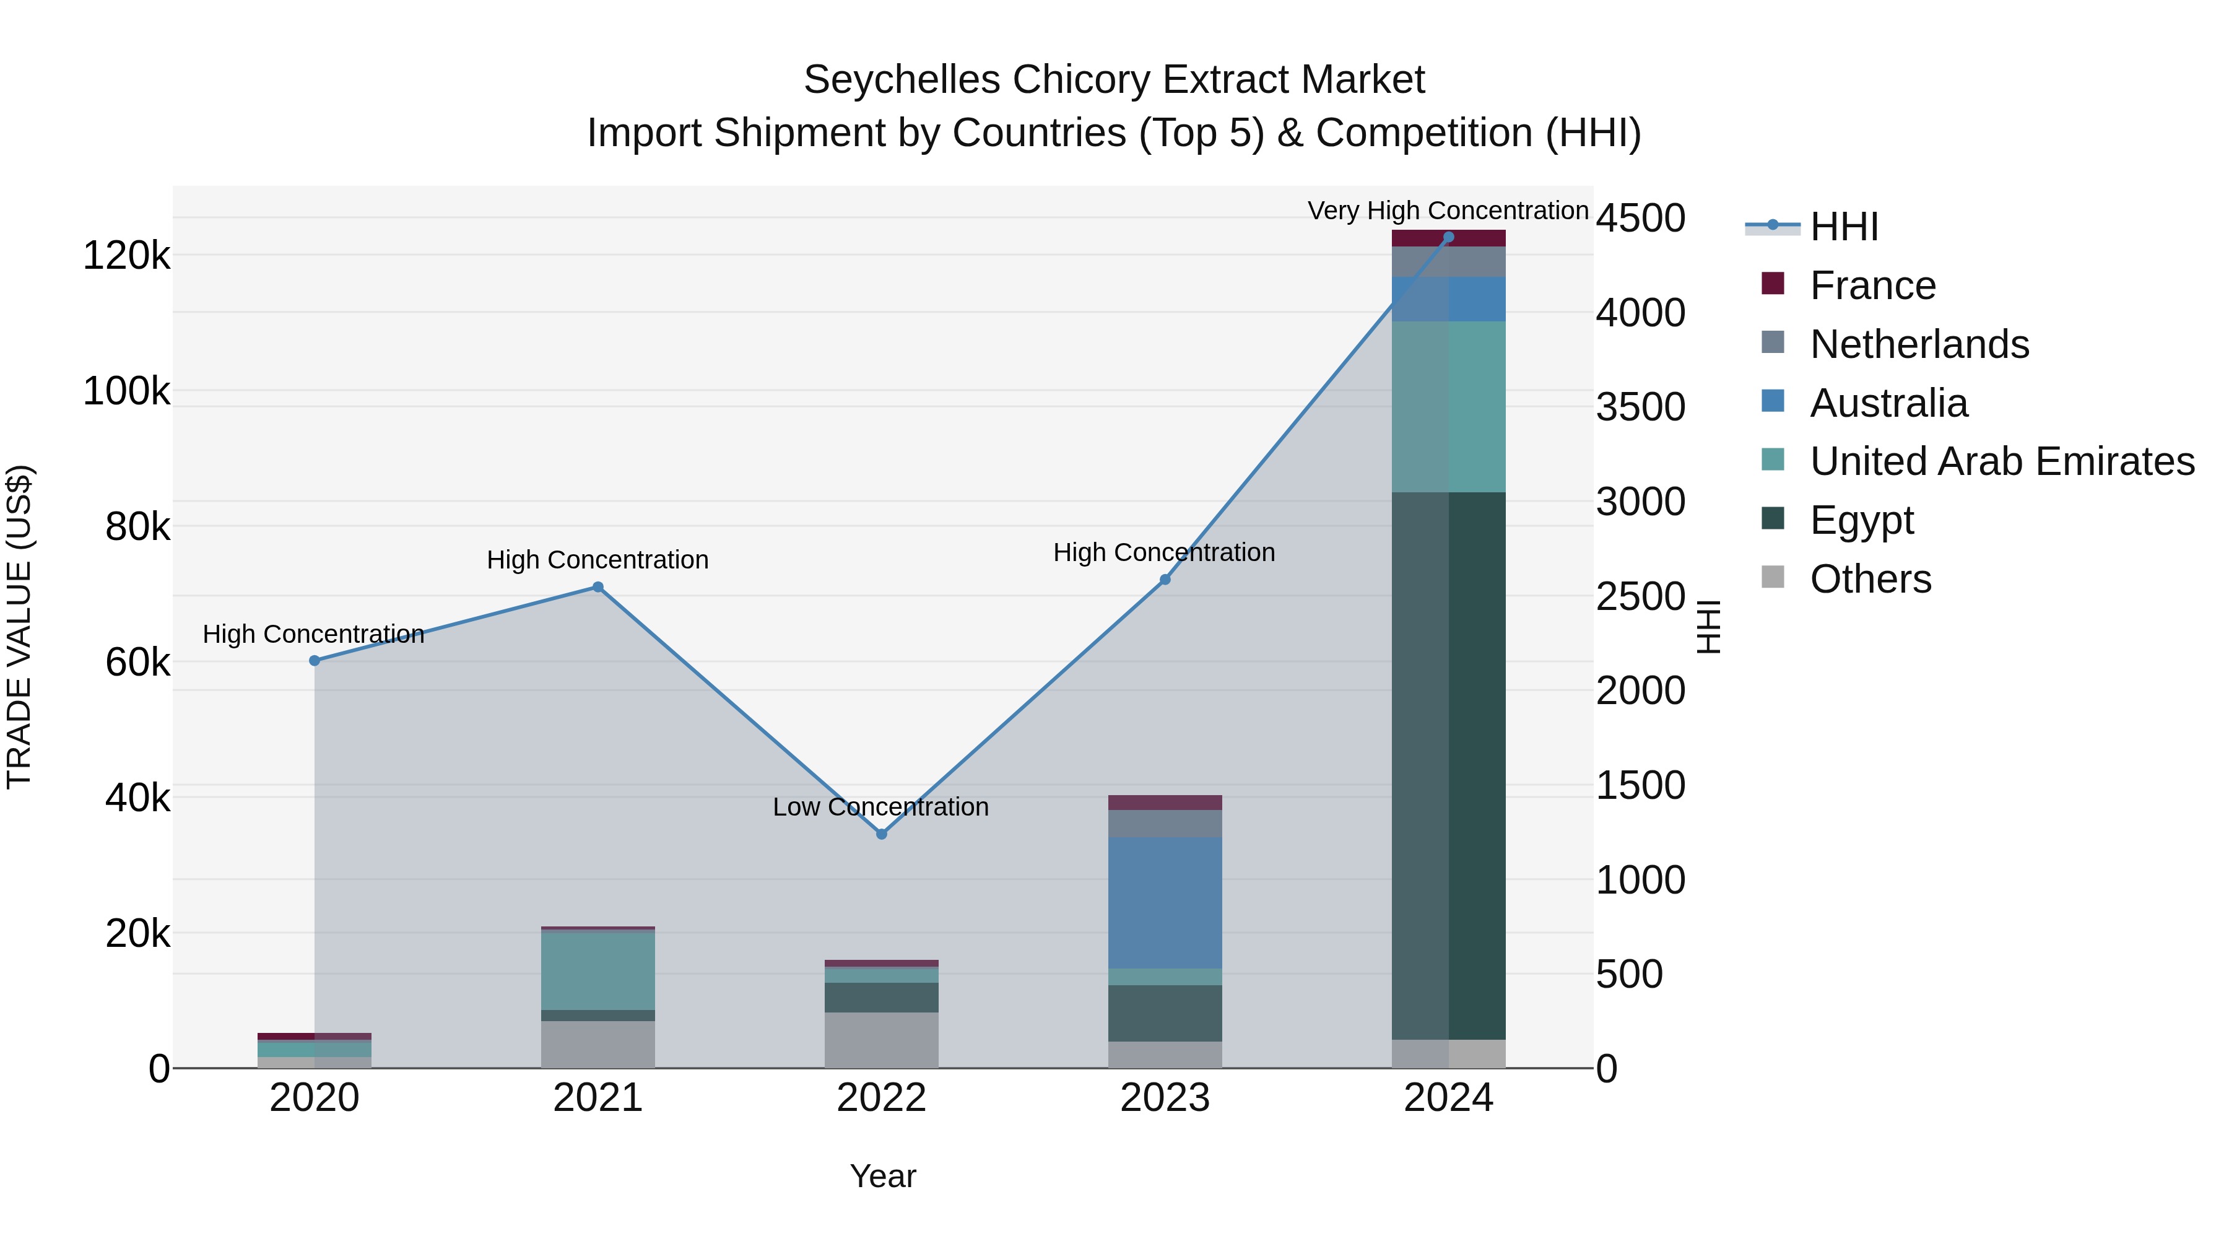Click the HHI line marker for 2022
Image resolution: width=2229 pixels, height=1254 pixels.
[x=881, y=834]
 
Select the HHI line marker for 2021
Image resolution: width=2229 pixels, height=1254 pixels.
[x=597, y=588]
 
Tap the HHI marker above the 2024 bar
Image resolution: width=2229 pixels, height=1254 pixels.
[x=1448, y=237]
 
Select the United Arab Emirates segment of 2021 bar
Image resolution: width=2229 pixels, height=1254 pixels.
[x=597, y=971]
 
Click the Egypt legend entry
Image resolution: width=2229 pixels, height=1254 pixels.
[x=1861, y=520]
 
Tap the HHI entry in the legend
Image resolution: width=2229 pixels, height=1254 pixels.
[x=1843, y=227]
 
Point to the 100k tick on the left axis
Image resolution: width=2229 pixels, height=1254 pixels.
[x=126, y=391]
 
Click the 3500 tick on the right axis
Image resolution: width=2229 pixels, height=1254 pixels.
[x=1640, y=407]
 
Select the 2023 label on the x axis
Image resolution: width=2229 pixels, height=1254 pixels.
[x=1165, y=1098]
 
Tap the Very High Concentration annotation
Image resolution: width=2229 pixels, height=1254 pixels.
[x=1448, y=211]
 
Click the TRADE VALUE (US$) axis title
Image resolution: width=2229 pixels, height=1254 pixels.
[x=20, y=627]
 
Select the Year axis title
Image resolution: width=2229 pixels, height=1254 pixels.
[x=882, y=1176]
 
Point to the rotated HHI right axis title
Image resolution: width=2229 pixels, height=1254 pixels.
[x=1709, y=627]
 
